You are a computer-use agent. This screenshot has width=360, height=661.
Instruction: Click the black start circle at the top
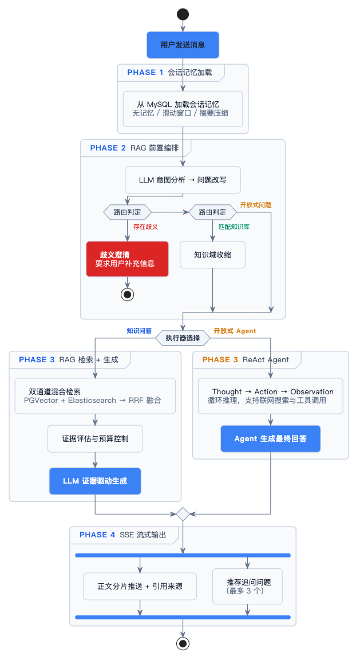(183, 14)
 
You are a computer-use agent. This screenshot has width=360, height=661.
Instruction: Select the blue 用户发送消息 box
(183, 45)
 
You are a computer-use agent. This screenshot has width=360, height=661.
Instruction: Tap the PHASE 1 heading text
(145, 73)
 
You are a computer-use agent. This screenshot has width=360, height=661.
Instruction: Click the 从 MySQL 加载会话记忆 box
(183, 109)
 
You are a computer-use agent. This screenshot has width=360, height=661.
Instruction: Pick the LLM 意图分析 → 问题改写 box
(183, 180)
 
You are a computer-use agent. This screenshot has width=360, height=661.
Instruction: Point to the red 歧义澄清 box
(127, 259)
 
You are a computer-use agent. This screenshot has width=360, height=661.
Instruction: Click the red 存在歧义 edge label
(145, 227)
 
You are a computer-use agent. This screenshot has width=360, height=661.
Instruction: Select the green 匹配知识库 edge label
(234, 227)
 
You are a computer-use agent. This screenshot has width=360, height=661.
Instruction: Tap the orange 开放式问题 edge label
(255, 205)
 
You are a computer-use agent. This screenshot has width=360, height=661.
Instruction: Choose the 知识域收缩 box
(212, 255)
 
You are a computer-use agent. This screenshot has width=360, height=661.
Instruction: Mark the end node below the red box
(127, 294)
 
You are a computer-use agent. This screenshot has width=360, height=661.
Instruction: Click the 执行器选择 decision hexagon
(183, 338)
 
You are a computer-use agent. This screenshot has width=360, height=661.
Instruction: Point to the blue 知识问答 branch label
(139, 331)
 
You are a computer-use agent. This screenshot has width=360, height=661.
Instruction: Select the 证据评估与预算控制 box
(95, 439)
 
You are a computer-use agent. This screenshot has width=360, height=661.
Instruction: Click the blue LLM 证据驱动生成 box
(95, 481)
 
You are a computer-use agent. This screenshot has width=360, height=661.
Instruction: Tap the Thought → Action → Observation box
(270, 396)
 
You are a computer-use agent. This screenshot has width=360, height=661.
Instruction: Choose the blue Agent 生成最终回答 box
(270, 439)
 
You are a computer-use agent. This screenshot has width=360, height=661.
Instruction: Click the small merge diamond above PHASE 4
(183, 514)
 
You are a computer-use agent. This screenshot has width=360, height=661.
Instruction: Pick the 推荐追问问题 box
(247, 587)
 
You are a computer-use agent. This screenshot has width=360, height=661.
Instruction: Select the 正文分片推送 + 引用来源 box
(140, 587)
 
